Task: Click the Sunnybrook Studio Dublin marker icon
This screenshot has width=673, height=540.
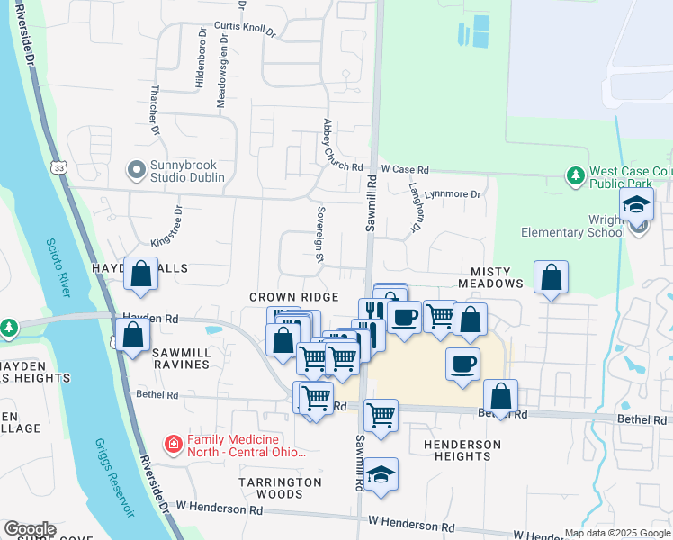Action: [x=137, y=169]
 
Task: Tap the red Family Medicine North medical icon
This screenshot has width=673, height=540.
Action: [x=172, y=444]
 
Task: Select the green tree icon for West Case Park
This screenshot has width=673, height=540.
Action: [x=575, y=176]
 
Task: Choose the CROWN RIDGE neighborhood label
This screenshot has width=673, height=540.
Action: [x=293, y=297]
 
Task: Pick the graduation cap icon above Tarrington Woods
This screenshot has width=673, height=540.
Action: [x=381, y=474]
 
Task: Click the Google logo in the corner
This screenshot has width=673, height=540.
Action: [x=30, y=529]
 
